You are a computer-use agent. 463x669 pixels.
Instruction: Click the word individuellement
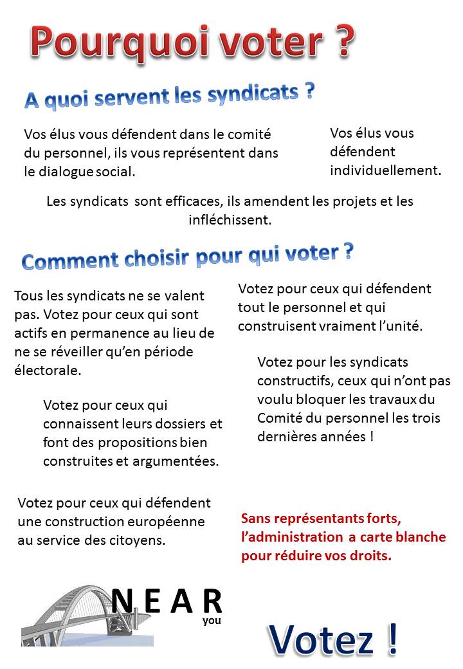(385, 170)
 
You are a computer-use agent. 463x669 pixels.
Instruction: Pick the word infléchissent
(230, 220)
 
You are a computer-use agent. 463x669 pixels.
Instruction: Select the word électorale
(48, 371)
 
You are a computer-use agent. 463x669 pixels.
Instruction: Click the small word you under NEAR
(211, 621)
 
